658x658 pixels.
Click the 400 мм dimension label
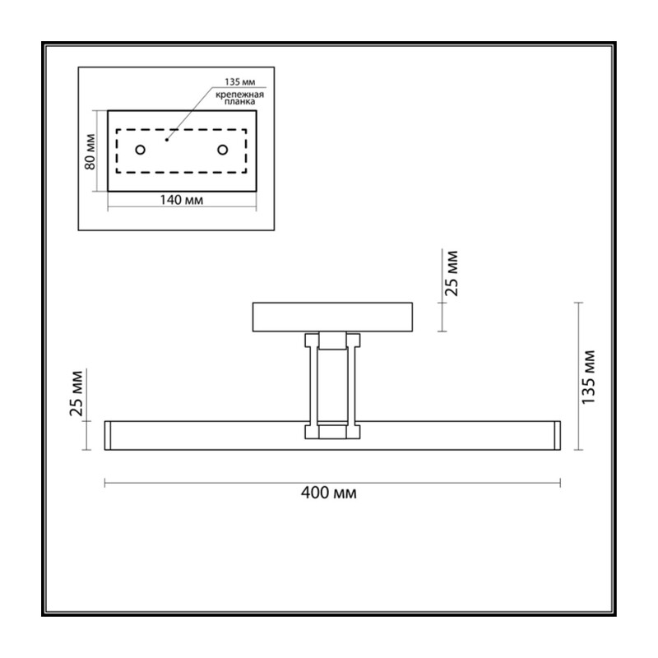tap(328, 492)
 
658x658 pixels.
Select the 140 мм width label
tap(181, 200)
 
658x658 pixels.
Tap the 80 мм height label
tap(90, 151)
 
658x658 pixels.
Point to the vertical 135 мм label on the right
tap(588, 377)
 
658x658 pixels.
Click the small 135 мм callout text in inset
tap(239, 81)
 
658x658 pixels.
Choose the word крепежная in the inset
tap(239, 95)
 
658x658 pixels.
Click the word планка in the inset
tap(239, 101)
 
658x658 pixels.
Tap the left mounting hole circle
tap(140, 150)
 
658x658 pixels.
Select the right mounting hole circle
tap(222, 150)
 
